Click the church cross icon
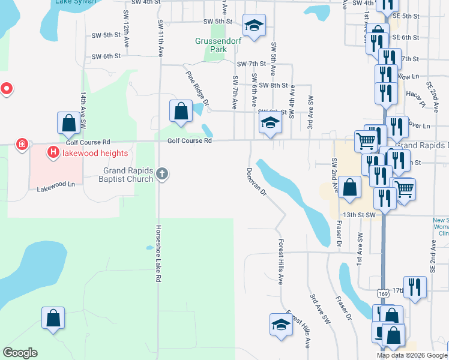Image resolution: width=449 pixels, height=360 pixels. [161, 174]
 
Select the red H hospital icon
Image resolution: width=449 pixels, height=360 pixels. [53, 153]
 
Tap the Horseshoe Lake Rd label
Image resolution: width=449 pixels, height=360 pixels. [158, 254]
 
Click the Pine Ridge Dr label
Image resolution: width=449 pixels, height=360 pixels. [197, 88]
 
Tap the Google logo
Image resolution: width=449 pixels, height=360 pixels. [20, 353]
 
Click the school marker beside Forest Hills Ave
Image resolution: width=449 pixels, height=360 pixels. [281, 325]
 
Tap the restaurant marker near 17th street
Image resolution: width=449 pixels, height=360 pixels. [415, 287]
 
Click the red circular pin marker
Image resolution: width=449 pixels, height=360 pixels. [7, 89]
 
